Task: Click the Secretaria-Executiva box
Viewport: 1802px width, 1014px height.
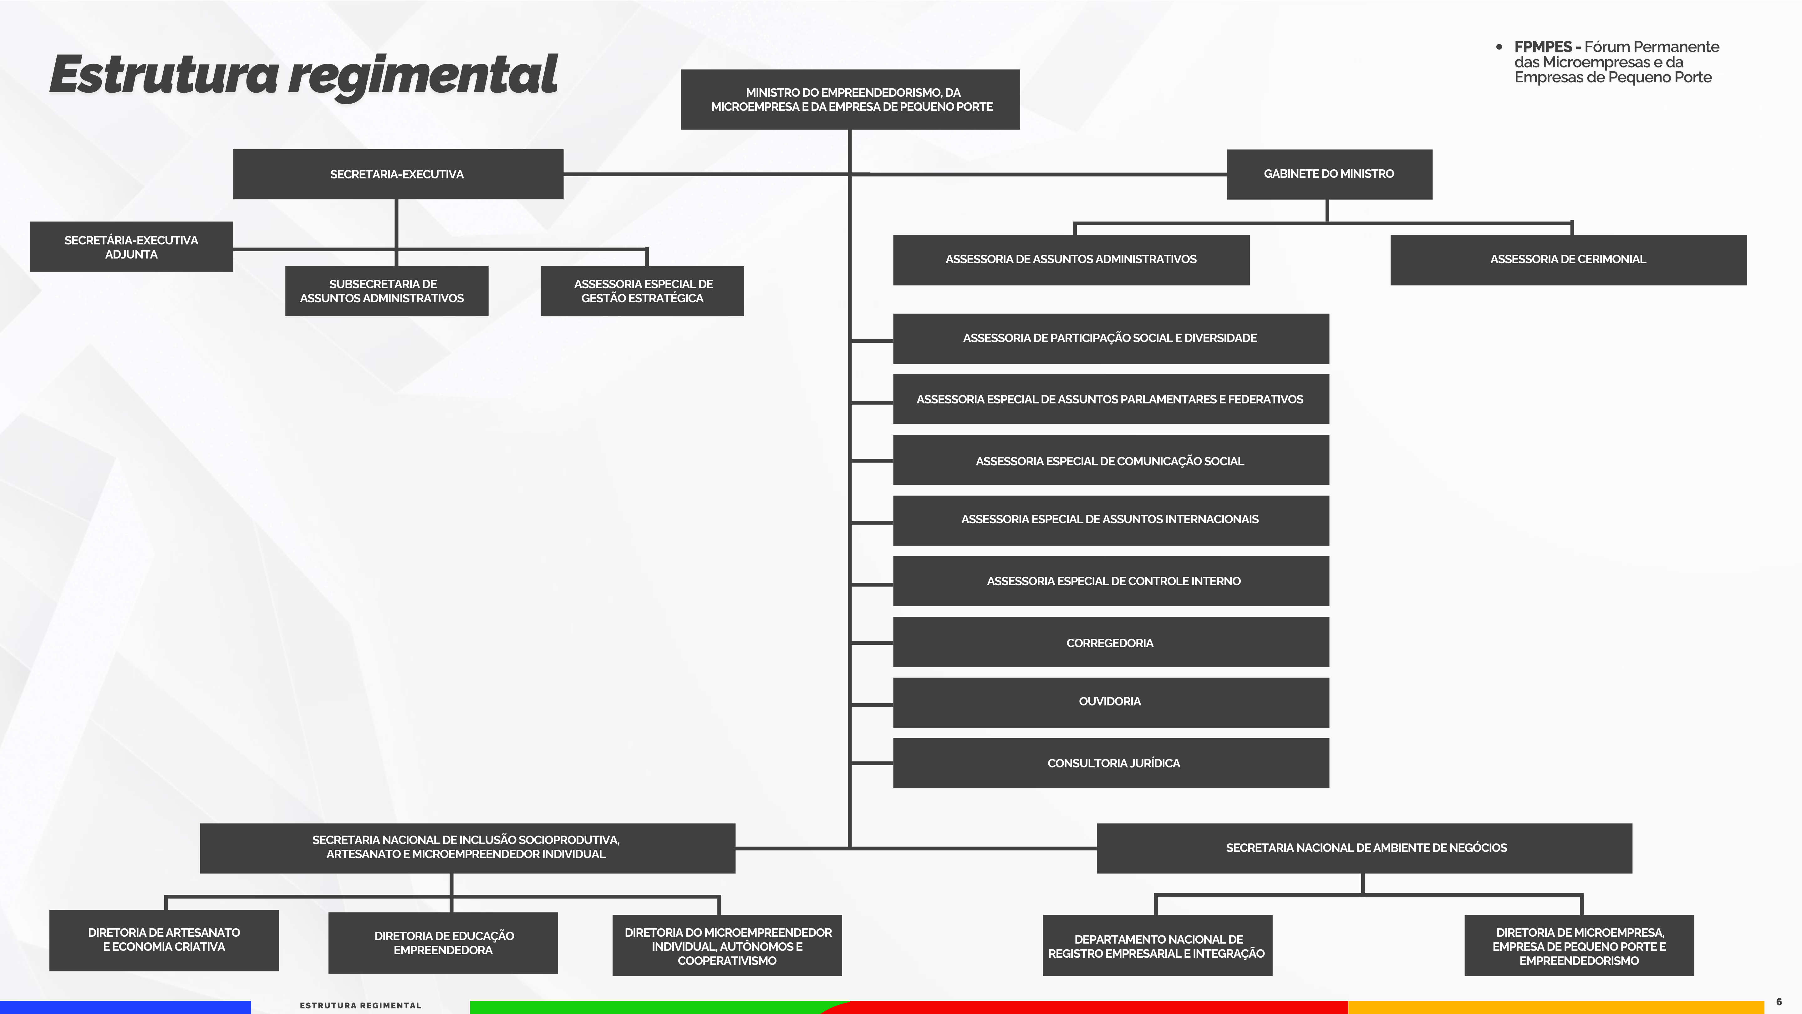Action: (397, 174)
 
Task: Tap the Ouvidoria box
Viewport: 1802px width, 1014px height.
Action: (1110, 702)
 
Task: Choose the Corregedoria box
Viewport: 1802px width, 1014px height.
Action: (1110, 643)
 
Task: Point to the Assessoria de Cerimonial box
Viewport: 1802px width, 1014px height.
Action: (1568, 260)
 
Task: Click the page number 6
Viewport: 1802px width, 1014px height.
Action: (1779, 1002)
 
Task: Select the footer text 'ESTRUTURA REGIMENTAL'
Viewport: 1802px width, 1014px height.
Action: (360, 1006)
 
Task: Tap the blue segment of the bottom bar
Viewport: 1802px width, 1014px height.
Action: (126, 1008)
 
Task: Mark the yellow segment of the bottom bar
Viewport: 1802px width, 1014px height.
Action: (1553, 1008)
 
